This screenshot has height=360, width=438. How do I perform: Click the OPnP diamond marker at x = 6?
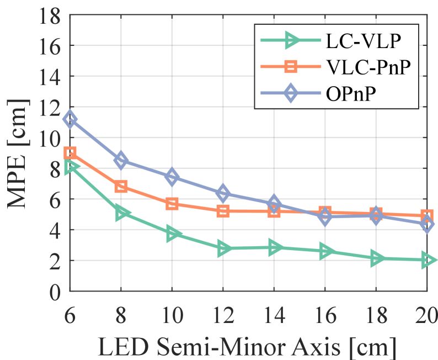click(x=70, y=119)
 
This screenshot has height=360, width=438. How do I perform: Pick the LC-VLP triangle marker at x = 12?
click(x=223, y=249)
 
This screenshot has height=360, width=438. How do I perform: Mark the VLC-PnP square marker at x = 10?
click(x=172, y=204)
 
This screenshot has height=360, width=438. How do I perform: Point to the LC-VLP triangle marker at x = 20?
click(x=427, y=260)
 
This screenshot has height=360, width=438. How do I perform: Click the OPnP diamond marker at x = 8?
click(x=121, y=161)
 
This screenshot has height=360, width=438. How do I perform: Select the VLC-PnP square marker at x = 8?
click(x=121, y=186)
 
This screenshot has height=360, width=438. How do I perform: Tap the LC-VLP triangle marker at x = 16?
click(x=325, y=251)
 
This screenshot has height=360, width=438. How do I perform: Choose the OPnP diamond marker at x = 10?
click(x=172, y=177)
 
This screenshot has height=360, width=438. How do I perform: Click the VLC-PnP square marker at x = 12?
click(x=223, y=211)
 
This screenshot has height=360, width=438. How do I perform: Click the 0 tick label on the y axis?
click(x=55, y=292)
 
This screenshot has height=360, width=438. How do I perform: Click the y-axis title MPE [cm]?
click(x=18, y=153)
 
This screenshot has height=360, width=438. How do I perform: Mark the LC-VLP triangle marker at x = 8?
click(x=121, y=213)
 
